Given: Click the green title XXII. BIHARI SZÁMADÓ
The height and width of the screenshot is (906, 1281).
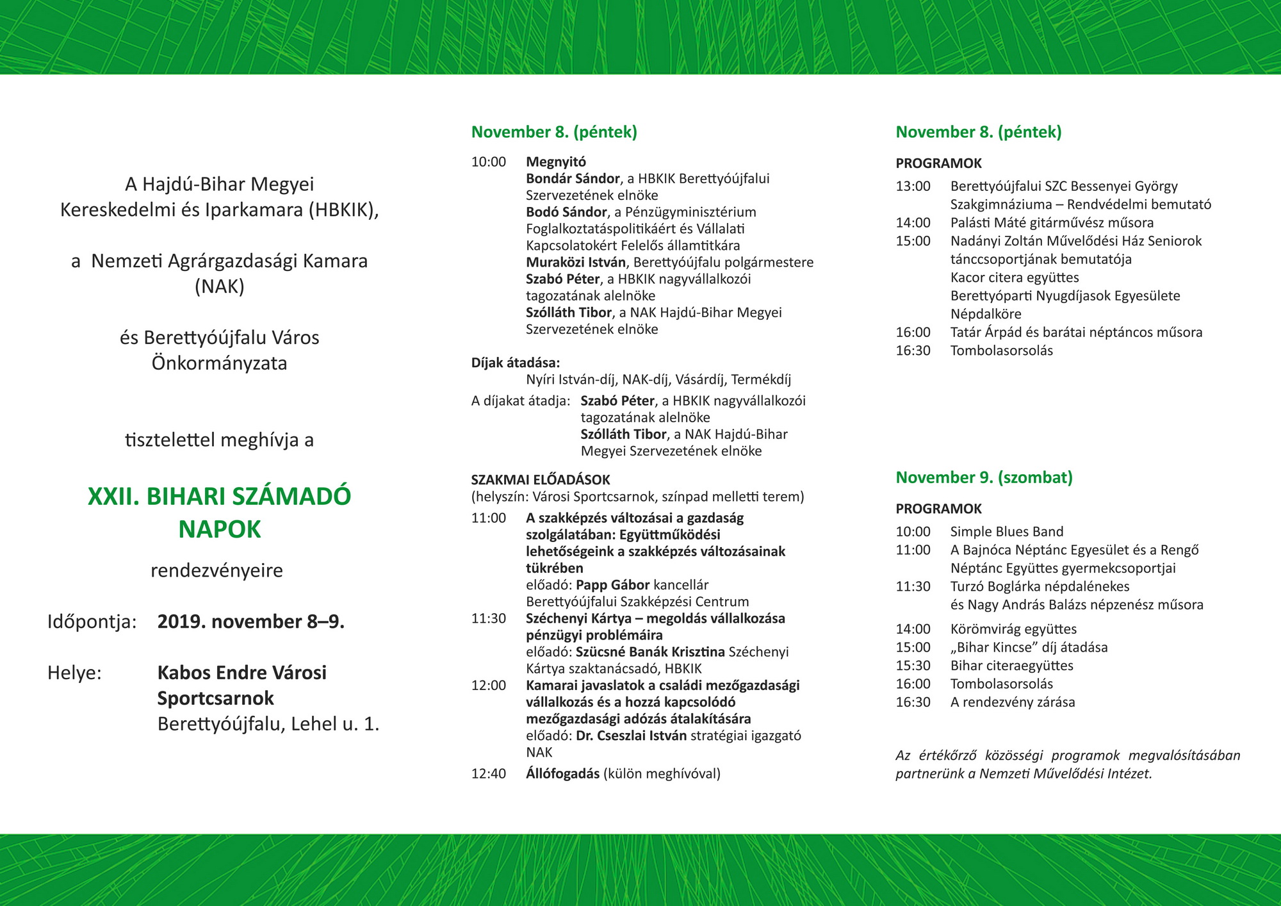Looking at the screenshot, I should pyautogui.click(x=219, y=497).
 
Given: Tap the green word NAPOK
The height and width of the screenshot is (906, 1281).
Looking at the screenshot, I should pyautogui.click(x=220, y=530).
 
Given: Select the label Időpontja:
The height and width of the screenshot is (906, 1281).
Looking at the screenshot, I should pyautogui.click(x=92, y=622).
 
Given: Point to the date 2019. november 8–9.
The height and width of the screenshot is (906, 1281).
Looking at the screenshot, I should pyautogui.click(x=251, y=622).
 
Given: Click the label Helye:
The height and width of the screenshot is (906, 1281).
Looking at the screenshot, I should pyautogui.click(x=74, y=673).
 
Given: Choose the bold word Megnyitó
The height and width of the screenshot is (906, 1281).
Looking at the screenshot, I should pyautogui.click(x=556, y=162).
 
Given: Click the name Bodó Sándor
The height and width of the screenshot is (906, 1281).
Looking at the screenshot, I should pyautogui.click(x=566, y=212).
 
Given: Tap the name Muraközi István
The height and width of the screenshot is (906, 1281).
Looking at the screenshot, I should pyautogui.click(x=575, y=262).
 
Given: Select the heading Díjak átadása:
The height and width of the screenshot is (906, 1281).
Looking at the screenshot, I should pyautogui.click(x=516, y=363).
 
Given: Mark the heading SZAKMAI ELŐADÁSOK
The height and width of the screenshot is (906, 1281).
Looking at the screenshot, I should pyautogui.click(x=541, y=480).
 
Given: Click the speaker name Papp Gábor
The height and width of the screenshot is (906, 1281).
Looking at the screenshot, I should pyautogui.click(x=613, y=585).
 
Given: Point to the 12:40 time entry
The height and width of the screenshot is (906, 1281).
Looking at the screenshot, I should pyautogui.click(x=489, y=774).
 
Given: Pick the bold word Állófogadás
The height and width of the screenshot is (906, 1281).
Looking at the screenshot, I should pyautogui.click(x=562, y=774).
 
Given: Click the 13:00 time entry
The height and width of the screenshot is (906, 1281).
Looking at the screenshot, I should pyautogui.click(x=913, y=186).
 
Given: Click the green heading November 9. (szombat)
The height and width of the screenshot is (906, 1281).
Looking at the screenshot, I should pyautogui.click(x=984, y=477).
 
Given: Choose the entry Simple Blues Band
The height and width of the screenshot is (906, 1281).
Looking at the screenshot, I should pyautogui.click(x=1007, y=532).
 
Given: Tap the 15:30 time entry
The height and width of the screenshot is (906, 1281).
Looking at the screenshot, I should pyautogui.click(x=913, y=666).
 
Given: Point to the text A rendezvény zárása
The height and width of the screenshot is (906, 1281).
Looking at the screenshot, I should pyautogui.click(x=1013, y=702).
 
